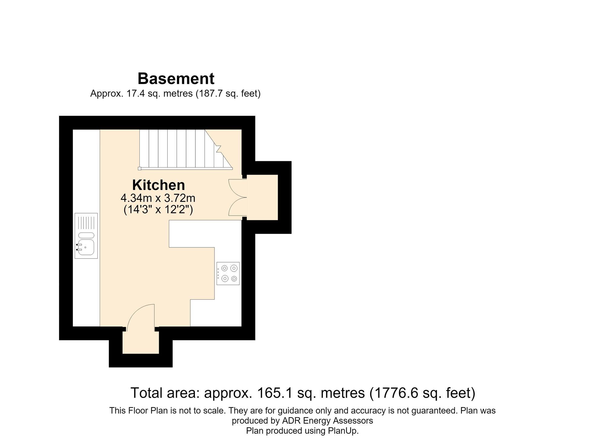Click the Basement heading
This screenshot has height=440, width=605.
tap(176, 79)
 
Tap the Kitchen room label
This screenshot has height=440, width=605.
tap(159, 185)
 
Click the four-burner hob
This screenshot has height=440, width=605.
tap(228, 273)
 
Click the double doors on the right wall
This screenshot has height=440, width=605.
tap(238, 197)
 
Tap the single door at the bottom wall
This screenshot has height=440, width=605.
tap(141, 317)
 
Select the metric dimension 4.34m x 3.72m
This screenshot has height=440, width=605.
tap(158, 198)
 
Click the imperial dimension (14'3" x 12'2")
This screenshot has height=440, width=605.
tap(158, 210)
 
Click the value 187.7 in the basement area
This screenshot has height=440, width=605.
tap(211, 93)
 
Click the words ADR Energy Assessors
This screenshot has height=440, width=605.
tap(328, 421)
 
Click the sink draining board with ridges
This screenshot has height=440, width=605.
tap(86, 222)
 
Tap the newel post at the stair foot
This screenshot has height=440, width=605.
tap(139, 168)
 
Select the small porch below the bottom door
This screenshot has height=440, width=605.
tap(141, 342)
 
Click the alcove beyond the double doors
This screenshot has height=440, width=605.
tap(263, 197)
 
